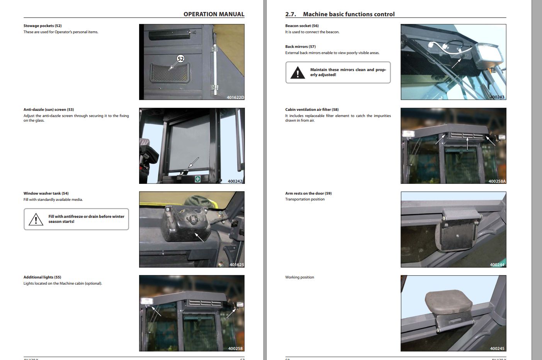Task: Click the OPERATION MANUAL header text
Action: coord(214,14)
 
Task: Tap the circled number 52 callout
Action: coord(180,59)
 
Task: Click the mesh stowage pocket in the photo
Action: coord(169,73)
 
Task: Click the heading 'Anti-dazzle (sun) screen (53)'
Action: coord(49,110)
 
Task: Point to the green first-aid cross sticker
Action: coord(198,179)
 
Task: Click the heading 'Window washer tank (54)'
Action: coord(46,194)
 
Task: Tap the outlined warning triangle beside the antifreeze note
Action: coord(36,219)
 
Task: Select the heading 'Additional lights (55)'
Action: coord(42,277)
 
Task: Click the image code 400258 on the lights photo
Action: coord(235,348)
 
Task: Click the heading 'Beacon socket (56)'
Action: coord(302,26)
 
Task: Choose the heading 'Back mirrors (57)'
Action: coord(300,47)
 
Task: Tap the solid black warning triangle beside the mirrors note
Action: coord(297,73)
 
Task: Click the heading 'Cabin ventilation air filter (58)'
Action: coord(312,110)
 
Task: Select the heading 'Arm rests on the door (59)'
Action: coord(308,194)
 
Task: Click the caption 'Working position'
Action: coord(299,277)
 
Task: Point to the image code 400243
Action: coord(497,97)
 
